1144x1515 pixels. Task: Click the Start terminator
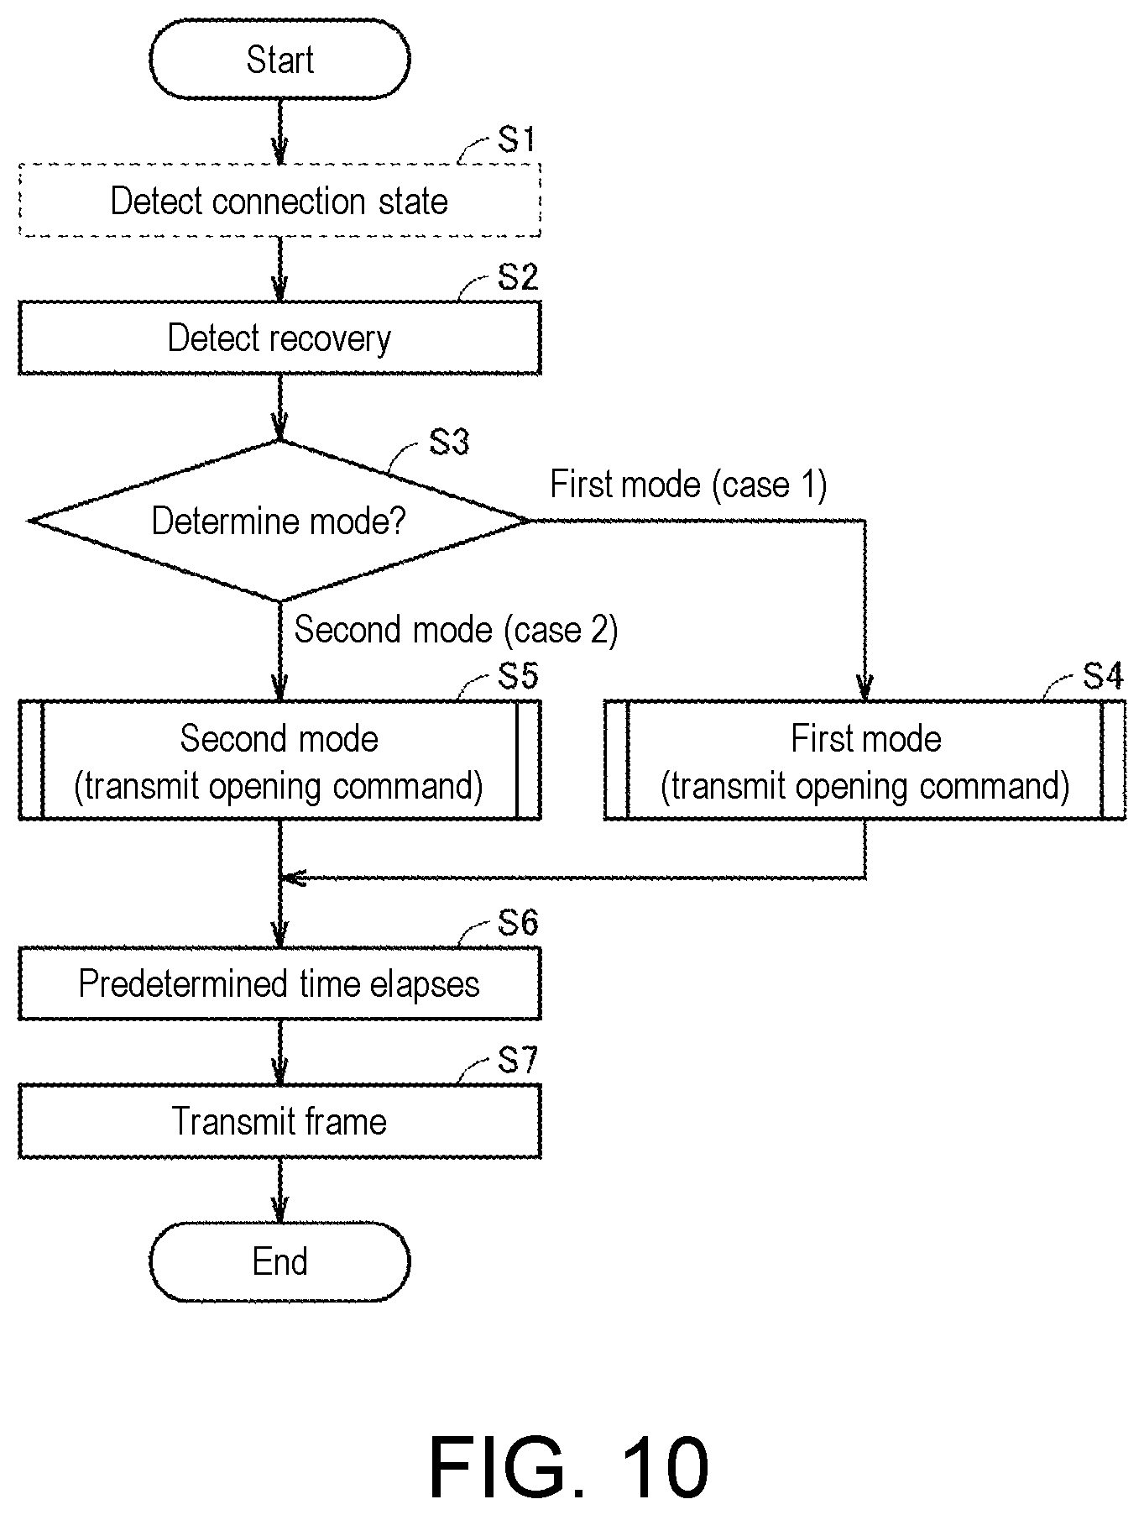click(279, 60)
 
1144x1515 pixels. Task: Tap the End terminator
click(279, 1261)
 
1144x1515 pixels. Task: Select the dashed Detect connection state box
click(279, 201)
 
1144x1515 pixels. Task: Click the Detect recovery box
click(279, 338)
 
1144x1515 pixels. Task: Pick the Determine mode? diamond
click(279, 521)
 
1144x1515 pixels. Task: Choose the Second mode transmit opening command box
click(279, 760)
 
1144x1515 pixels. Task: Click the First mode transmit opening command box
click(865, 760)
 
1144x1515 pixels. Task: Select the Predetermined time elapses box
click(279, 983)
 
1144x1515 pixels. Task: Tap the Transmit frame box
click(279, 1121)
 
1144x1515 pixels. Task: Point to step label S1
click(517, 139)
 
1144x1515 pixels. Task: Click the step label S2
click(518, 277)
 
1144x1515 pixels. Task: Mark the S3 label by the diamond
click(449, 442)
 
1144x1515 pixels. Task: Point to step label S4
click(1103, 675)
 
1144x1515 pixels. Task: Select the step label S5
click(518, 675)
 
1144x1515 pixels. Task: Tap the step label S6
click(518, 923)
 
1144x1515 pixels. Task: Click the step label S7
click(518, 1061)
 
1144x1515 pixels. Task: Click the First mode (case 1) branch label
click(688, 485)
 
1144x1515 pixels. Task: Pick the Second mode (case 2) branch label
click(456, 629)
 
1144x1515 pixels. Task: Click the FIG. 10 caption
click(569, 1467)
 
